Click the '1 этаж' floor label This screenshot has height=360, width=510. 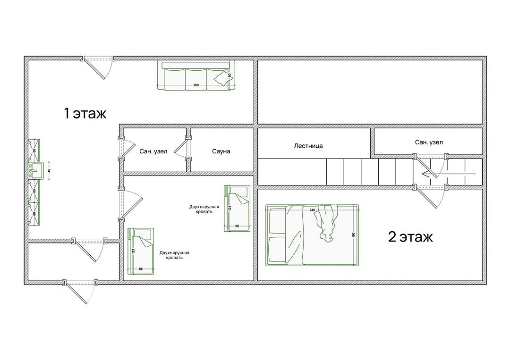click(x=85, y=113)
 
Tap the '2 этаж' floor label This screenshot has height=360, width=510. click(x=410, y=237)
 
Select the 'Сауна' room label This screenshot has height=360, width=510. click(x=221, y=151)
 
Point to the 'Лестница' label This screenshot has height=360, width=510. click(x=308, y=146)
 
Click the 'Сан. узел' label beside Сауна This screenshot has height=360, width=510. click(x=153, y=151)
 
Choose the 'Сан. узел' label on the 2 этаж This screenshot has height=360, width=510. click(x=429, y=142)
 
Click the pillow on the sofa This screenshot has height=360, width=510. click(x=221, y=78)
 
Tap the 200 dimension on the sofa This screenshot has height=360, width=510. click(x=196, y=85)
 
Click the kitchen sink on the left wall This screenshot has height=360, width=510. click(x=36, y=171)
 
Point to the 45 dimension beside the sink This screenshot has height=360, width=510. click(x=49, y=170)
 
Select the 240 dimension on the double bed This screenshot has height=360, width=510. click(x=312, y=210)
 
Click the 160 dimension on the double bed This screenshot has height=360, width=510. click(x=354, y=235)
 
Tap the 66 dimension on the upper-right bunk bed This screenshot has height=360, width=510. click(x=237, y=226)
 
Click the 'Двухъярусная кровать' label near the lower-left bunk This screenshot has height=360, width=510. click(x=174, y=255)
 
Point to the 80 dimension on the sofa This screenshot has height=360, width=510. click(x=229, y=75)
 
